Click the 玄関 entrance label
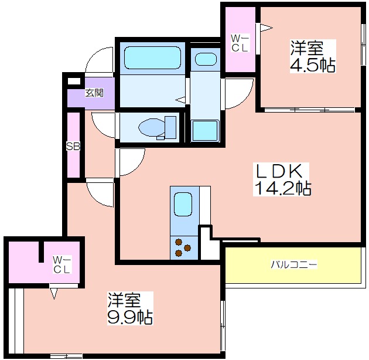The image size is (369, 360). (94, 93)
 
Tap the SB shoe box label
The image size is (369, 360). (73, 147)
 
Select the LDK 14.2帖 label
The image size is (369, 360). (283, 179)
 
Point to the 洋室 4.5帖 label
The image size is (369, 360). (313, 56)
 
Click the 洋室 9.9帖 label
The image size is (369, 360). (130, 308)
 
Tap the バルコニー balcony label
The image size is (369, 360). (293, 264)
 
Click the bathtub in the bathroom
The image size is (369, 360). (152, 57)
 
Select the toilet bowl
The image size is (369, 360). (157, 128)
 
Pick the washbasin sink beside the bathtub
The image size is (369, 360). (206, 59)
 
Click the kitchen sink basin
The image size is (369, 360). (183, 204)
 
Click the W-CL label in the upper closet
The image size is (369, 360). (240, 43)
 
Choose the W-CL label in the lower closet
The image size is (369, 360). (62, 265)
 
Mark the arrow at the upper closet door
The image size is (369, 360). (266, 28)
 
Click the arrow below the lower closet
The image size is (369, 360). (54, 293)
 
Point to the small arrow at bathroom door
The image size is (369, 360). (180, 100)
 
